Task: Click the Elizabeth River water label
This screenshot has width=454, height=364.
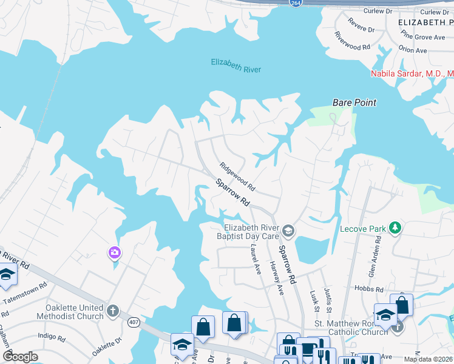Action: tap(235, 66)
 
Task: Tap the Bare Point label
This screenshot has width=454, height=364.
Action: tap(354, 103)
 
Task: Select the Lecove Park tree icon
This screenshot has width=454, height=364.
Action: tap(396, 227)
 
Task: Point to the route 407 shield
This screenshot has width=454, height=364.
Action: tap(134, 322)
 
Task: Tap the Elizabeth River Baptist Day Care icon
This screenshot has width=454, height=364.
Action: tap(288, 230)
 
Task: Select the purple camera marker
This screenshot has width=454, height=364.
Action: tap(114, 252)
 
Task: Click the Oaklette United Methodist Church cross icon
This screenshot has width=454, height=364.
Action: tap(112, 312)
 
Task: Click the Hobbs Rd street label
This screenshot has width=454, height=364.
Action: tap(371, 290)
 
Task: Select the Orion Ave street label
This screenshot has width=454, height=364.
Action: tap(413, 50)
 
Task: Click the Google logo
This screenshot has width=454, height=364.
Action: tap(20, 356)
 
